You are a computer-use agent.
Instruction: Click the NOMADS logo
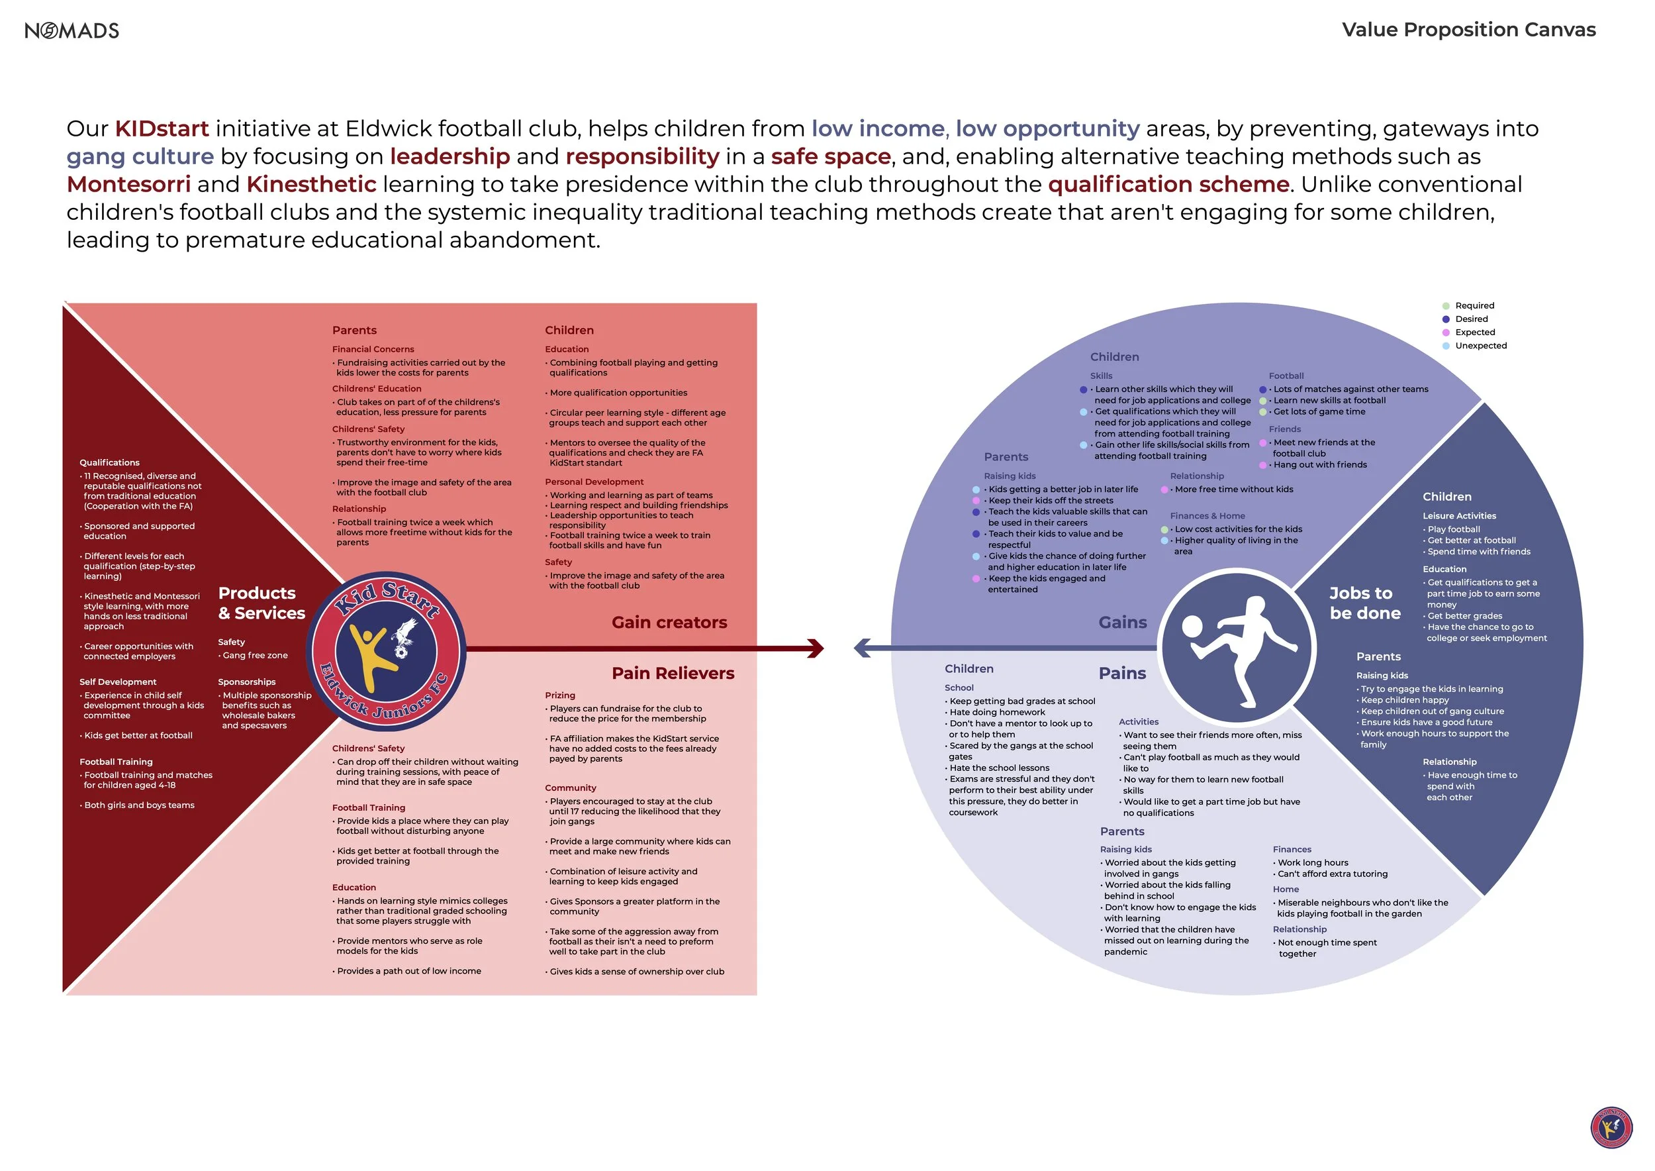(71, 30)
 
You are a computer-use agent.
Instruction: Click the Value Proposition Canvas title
(1468, 30)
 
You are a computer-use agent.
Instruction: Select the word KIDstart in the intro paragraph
(162, 128)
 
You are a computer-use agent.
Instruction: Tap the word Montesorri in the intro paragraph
(128, 184)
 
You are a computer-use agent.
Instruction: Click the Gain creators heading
(669, 623)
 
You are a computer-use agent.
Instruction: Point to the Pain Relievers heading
(673, 673)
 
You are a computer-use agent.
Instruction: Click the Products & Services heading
(261, 603)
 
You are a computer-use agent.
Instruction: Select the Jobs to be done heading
(1364, 603)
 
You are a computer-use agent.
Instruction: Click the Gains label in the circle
(1122, 623)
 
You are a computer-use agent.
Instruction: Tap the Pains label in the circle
(1121, 673)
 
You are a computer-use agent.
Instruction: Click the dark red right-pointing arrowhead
(815, 648)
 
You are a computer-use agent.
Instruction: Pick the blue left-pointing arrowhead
(862, 648)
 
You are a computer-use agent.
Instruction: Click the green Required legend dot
(1445, 306)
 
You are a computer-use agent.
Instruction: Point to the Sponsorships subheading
(246, 682)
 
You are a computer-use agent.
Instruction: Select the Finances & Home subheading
(1207, 515)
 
